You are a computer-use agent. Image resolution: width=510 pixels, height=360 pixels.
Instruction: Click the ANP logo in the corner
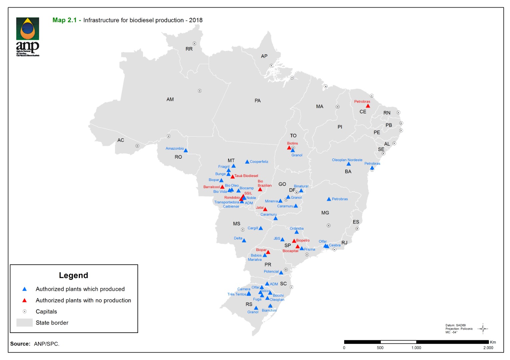pos(28,37)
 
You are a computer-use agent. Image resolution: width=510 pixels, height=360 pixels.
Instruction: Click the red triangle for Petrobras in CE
pos(368,106)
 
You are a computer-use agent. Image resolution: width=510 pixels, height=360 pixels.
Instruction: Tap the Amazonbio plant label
pos(174,148)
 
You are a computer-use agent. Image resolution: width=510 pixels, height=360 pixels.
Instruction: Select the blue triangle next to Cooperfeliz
pos(247,162)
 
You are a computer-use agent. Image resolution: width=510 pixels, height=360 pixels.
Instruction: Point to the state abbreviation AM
pos(170,99)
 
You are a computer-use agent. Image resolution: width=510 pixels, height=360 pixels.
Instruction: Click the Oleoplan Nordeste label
pos(347,160)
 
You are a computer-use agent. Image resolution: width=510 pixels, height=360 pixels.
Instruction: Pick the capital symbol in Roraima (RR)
pos(194,43)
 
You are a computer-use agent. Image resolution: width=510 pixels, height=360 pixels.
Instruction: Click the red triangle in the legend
pos(24,300)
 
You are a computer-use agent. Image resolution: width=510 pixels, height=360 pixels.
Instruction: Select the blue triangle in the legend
pos(24,289)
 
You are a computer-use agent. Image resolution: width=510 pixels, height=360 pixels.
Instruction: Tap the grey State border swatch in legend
pos(24,323)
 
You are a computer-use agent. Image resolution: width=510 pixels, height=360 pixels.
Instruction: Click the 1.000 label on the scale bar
pos(416,348)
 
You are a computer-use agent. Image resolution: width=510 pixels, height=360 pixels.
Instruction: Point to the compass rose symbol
pos(483,329)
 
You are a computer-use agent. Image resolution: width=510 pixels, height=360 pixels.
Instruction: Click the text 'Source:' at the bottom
pos(20,344)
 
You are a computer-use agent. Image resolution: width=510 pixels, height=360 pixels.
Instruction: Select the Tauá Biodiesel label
pos(246,176)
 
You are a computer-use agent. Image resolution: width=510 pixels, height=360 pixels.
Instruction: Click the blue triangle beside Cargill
pos(261,228)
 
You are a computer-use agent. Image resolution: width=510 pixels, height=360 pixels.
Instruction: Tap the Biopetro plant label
pos(303,240)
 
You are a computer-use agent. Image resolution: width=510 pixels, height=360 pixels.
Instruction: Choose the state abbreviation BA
pos(348,172)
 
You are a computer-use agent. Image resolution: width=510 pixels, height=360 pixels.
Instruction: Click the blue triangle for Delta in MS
pos(244,240)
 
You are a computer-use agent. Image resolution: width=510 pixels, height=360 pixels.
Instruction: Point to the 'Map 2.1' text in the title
pos(64,20)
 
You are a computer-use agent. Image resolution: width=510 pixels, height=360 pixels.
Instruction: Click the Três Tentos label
pos(237,294)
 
